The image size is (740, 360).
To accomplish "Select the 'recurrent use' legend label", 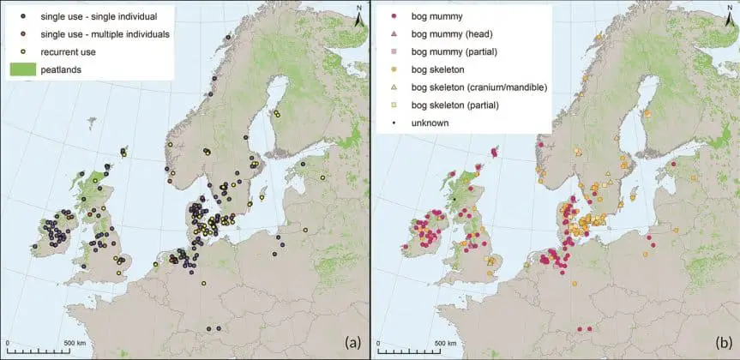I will pos(69,52).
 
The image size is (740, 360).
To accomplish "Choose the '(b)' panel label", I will pos(723,342).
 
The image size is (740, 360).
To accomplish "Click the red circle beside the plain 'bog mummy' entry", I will pos(393,17).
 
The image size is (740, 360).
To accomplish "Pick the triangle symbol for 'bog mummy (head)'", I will pos(393,34).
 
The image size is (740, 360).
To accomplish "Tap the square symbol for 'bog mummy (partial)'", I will pos(393,52).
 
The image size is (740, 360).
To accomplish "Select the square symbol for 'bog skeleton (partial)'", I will pos(393,105).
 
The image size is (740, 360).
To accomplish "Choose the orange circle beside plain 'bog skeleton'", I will pos(393,69).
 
